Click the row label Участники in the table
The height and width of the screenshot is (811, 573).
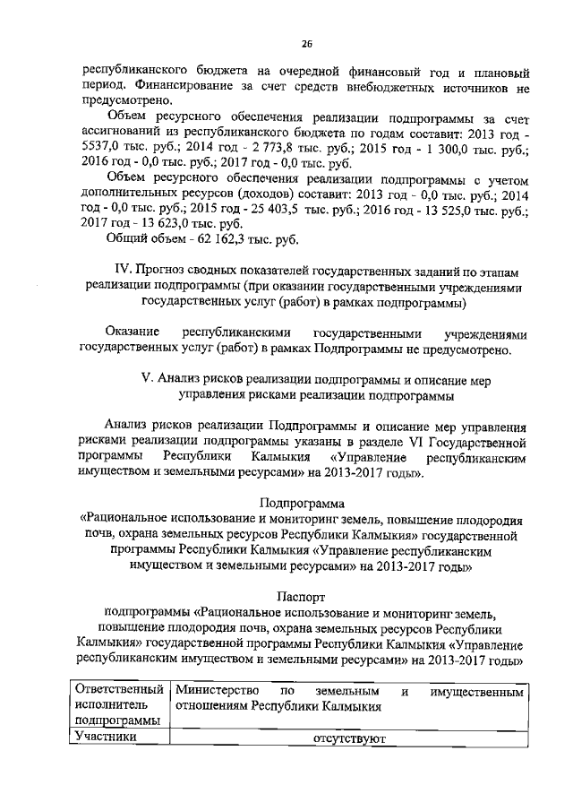point(106,738)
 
